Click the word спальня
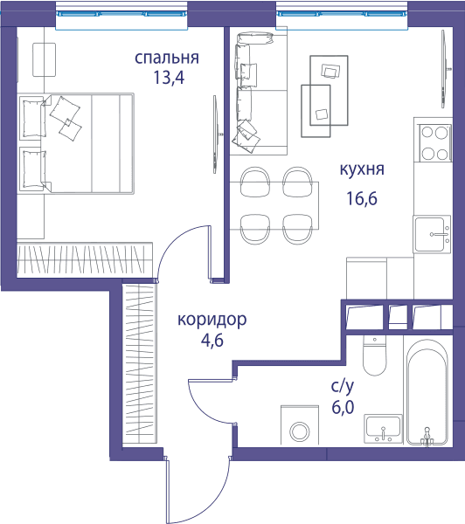167,59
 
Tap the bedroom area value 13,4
169,77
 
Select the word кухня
362,169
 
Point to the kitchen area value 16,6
362,198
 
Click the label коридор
212,320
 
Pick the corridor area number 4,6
212,341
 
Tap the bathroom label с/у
343,386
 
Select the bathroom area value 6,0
343,407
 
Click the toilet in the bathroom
375,355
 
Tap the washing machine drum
300,431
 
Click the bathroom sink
383,429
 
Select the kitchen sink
432,234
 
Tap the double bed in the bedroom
76,143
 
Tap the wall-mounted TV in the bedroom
216,134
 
